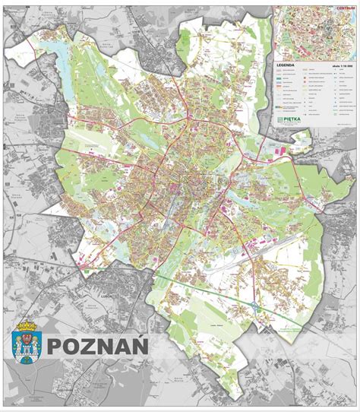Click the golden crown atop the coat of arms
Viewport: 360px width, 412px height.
click(x=29, y=327)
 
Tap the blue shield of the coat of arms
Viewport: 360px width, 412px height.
click(x=29, y=346)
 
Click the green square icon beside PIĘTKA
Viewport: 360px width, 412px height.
click(x=279, y=119)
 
